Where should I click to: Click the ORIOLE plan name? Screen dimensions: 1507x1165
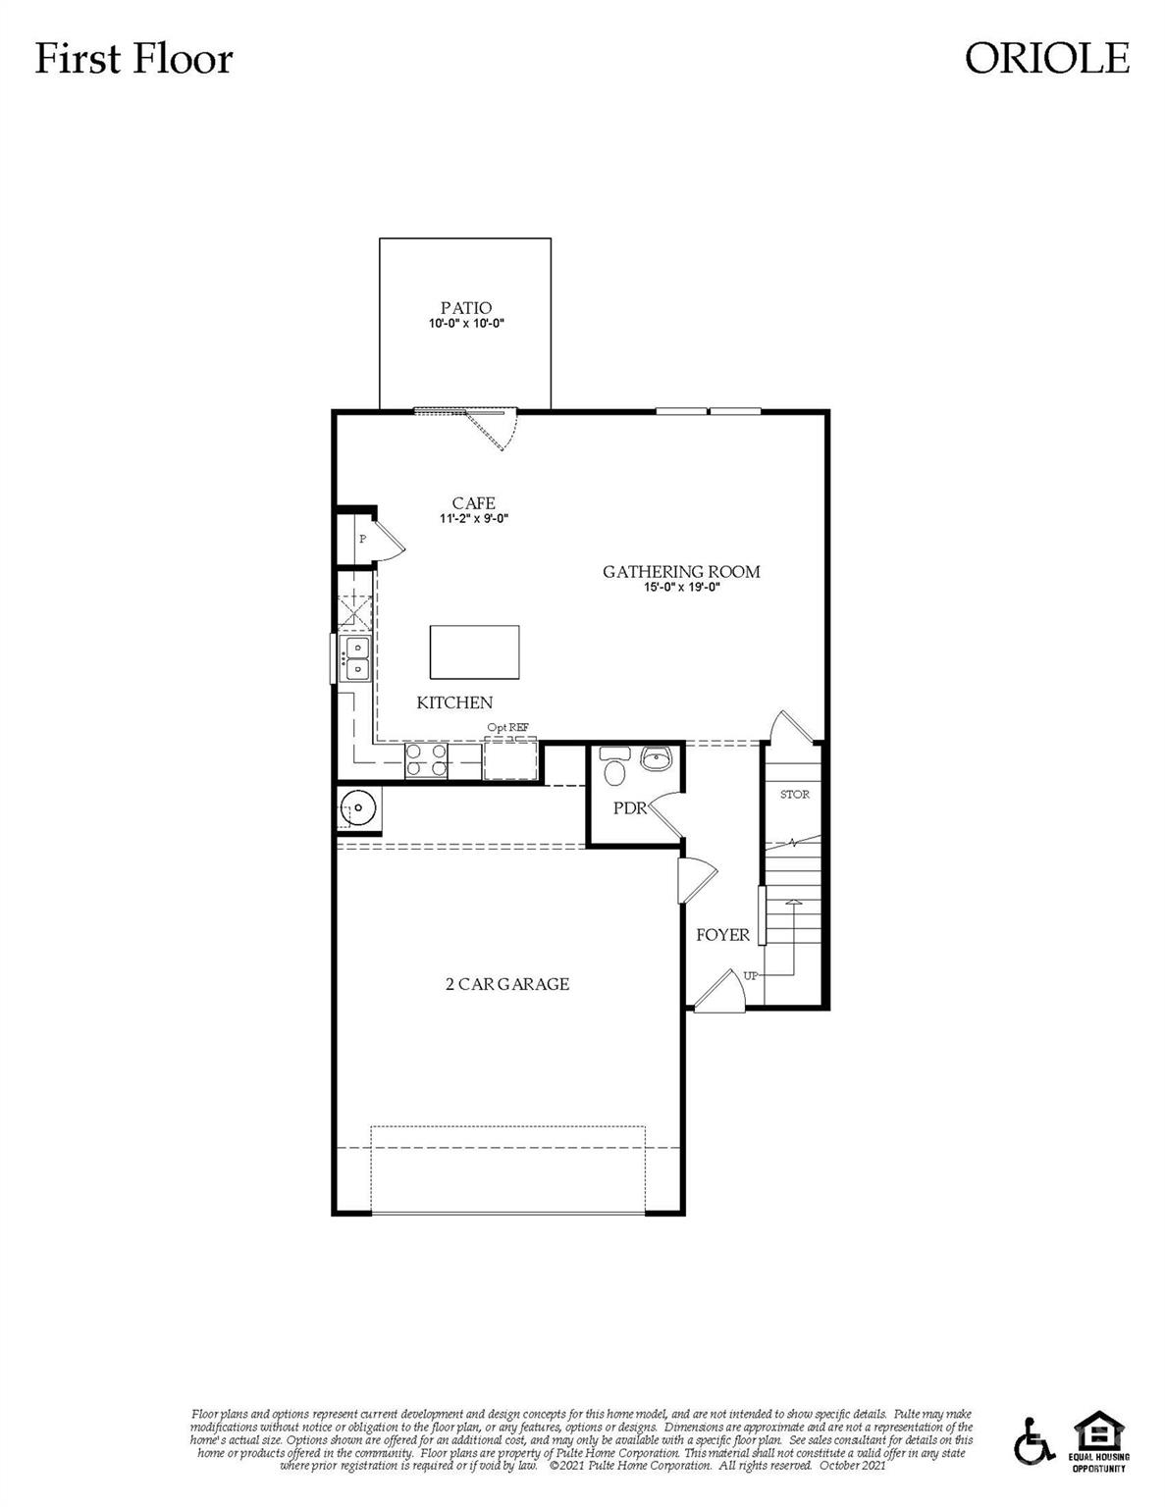tap(1046, 58)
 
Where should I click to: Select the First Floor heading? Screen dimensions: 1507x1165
tap(133, 59)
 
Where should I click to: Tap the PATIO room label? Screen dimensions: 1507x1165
tap(465, 308)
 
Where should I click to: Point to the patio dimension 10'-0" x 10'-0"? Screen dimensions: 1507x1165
tap(465, 323)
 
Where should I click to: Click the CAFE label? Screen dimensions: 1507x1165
tap(473, 503)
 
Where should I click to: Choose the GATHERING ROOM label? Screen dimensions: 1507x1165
tap(681, 572)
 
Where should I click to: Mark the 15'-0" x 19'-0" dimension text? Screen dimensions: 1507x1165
tap(681, 588)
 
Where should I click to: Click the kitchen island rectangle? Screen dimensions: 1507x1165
tap(475, 651)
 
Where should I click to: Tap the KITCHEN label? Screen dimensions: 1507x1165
tap(454, 702)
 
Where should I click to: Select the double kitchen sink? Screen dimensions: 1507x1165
tap(354, 658)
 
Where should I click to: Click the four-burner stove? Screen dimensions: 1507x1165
tap(427, 761)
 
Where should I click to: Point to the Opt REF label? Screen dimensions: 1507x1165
tap(507, 727)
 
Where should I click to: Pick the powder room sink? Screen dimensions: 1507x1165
tap(656, 758)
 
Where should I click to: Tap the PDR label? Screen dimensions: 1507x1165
tap(629, 808)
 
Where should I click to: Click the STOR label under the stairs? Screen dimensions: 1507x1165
tap(794, 794)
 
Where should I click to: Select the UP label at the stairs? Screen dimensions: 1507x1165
tap(752, 975)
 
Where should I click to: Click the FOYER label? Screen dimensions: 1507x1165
tap(722, 935)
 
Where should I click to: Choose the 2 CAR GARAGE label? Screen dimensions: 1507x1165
tap(506, 984)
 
